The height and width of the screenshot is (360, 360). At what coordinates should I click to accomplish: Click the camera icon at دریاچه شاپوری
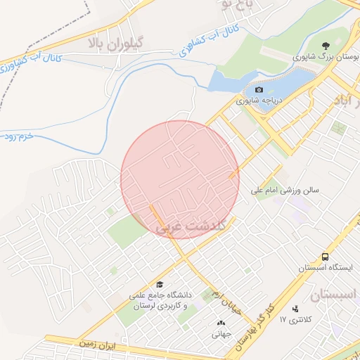259,90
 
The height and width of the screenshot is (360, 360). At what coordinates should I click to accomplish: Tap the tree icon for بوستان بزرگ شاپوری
325,45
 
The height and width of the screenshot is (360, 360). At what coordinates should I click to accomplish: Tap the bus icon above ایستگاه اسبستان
325,257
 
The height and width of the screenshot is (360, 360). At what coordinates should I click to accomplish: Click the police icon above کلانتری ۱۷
295,309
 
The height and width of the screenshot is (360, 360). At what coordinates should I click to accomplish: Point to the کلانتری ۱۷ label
299,320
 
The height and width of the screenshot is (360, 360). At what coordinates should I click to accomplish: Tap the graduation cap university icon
160,285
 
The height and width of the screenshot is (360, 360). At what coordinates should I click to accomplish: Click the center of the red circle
180,179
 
